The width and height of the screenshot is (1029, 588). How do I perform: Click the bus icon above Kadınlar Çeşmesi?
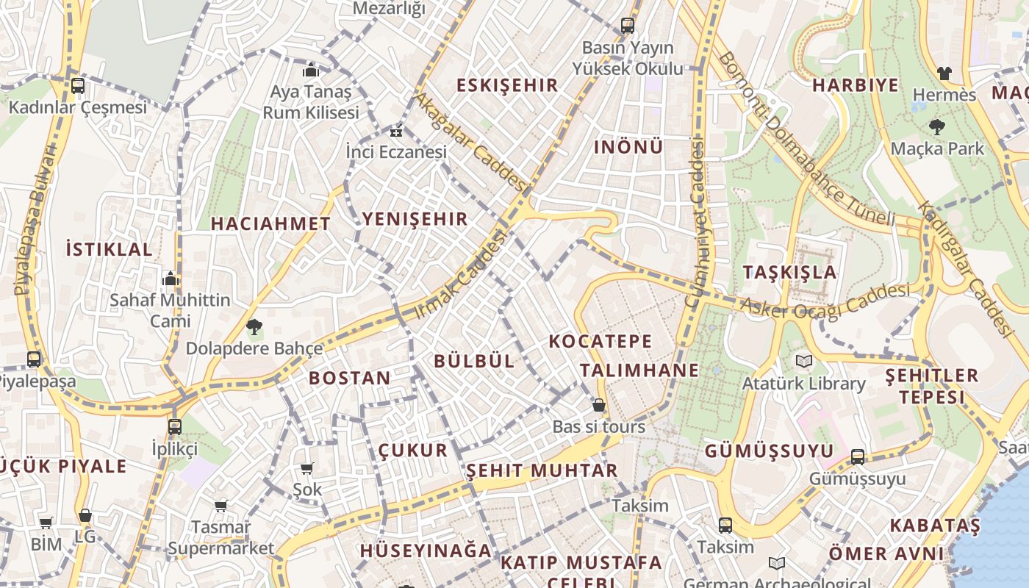[x=78, y=85]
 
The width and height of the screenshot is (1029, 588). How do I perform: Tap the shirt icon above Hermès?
[x=944, y=73]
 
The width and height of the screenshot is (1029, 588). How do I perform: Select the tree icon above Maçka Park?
[x=936, y=127]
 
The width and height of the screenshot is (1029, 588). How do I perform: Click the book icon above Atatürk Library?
[x=803, y=362]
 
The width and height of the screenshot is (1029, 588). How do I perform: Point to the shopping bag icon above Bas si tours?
[x=599, y=405]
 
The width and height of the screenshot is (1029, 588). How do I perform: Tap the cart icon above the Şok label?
[x=307, y=468]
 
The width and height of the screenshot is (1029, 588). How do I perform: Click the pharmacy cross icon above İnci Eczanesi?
[x=396, y=132]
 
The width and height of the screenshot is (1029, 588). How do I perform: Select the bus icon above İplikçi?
[x=175, y=426]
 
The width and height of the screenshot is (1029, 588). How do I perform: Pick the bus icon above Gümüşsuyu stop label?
[x=857, y=457]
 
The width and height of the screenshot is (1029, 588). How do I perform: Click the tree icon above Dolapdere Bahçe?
[x=254, y=326]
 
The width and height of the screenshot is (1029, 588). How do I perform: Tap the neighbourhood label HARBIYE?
[x=856, y=85]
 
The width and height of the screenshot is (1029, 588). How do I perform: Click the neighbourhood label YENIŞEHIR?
[x=415, y=219]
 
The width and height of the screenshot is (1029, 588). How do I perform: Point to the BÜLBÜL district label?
[x=474, y=361]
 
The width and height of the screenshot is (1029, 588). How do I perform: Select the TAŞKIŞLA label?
[x=789, y=272]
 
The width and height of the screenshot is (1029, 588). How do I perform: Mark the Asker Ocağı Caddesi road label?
[x=825, y=301]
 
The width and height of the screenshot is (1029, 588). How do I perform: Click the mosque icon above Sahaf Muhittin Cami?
[x=171, y=279]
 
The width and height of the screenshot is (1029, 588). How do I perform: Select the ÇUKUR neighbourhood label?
[x=412, y=451]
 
